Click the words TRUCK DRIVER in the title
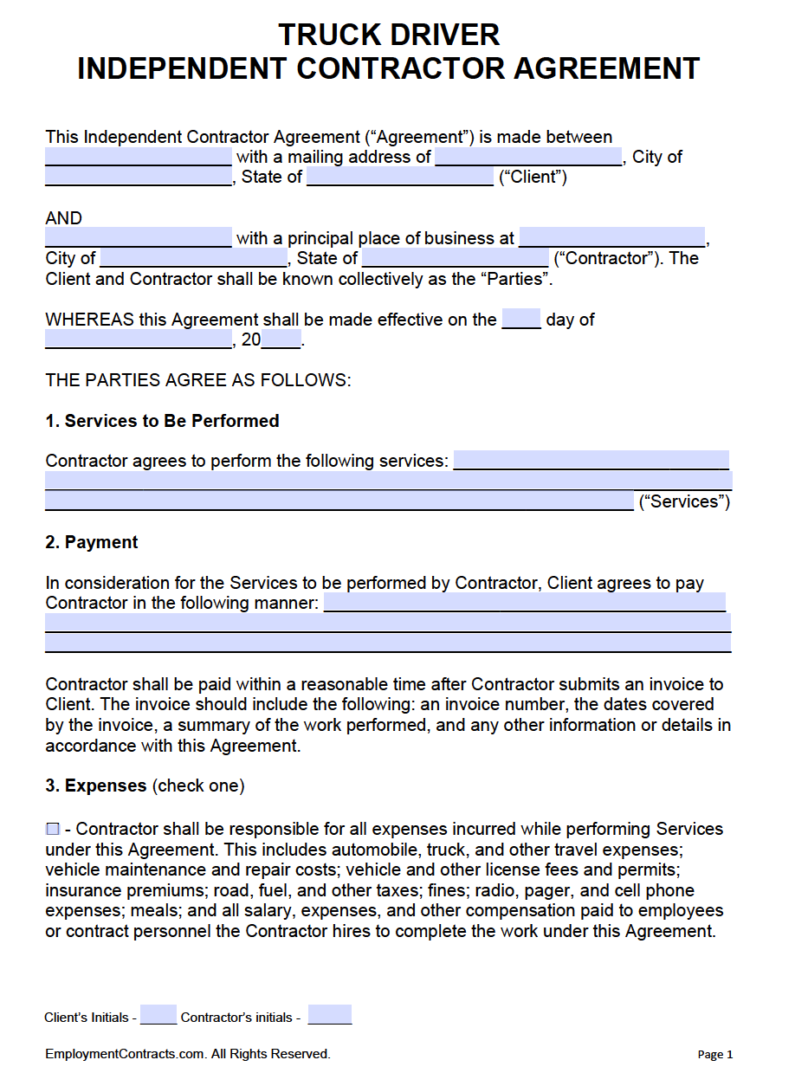click(x=389, y=35)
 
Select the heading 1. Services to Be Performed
click(x=162, y=421)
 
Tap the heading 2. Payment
click(x=91, y=542)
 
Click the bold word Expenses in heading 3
click(x=106, y=785)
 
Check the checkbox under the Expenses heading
click(x=53, y=829)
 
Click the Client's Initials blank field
click(x=158, y=1015)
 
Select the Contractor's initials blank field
click(x=329, y=1015)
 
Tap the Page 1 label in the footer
click(x=714, y=1054)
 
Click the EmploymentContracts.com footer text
click(x=188, y=1054)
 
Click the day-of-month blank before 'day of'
click(x=521, y=319)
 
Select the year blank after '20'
click(x=281, y=339)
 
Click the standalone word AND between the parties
click(x=64, y=218)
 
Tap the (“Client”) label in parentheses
click(x=533, y=178)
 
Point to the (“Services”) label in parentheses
click(x=684, y=501)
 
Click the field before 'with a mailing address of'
click(x=139, y=157)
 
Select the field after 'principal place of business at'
click(x=612, y=237)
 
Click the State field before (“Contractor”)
click(x=456, y=258)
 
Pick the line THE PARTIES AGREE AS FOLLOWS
click(x=198, y=380)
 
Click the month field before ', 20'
click(x=139, y=339)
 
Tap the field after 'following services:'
click(x=591, y=461)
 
